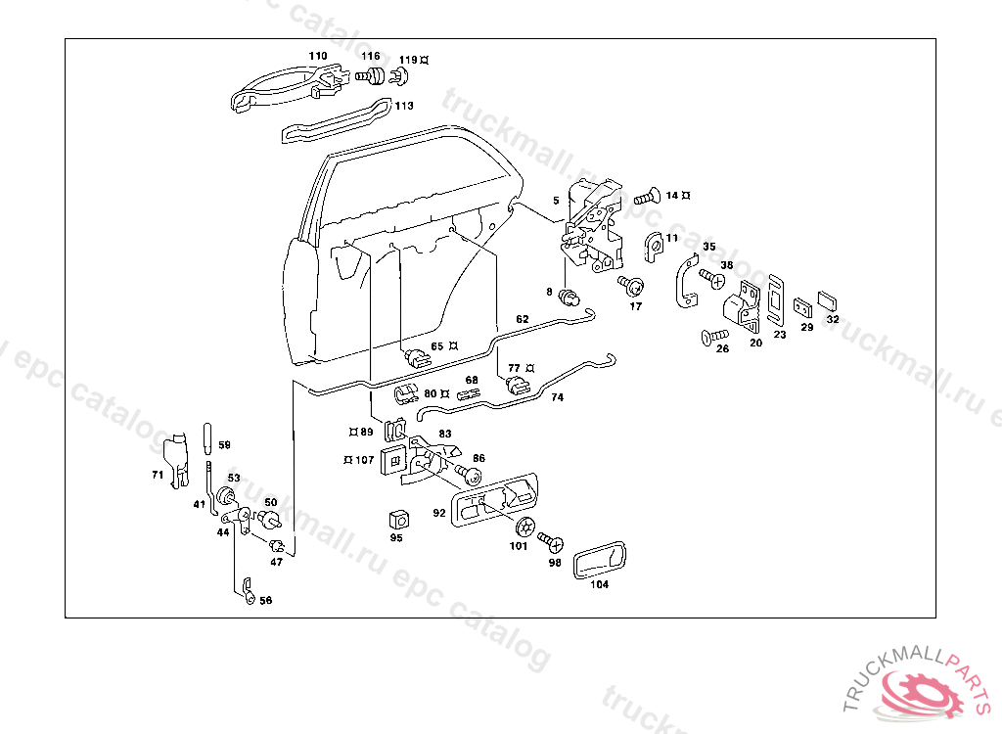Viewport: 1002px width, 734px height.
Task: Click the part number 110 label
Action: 317,56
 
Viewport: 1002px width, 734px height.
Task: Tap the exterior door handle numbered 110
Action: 284,88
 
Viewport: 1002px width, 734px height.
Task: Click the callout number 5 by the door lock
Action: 556,201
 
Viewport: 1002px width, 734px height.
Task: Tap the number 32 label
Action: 833,319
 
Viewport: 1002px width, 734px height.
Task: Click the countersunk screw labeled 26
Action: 707,339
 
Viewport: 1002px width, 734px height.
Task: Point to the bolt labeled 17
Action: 632,286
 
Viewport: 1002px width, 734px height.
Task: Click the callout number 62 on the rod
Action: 522,320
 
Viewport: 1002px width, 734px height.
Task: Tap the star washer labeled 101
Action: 524,526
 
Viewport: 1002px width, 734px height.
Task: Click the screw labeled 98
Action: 550,540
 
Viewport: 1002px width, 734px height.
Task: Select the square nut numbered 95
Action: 397,519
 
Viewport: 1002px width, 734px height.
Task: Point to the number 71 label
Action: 157,475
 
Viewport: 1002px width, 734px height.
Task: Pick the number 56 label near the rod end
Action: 265,601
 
